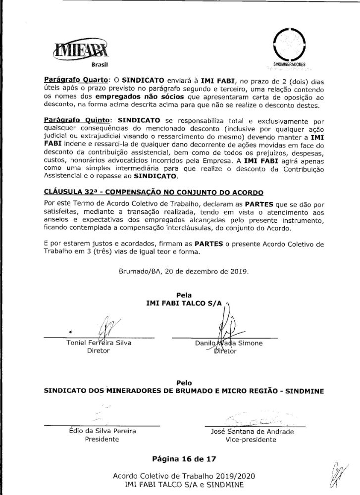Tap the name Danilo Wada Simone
point(228,343)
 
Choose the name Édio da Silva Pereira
point(102,431)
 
